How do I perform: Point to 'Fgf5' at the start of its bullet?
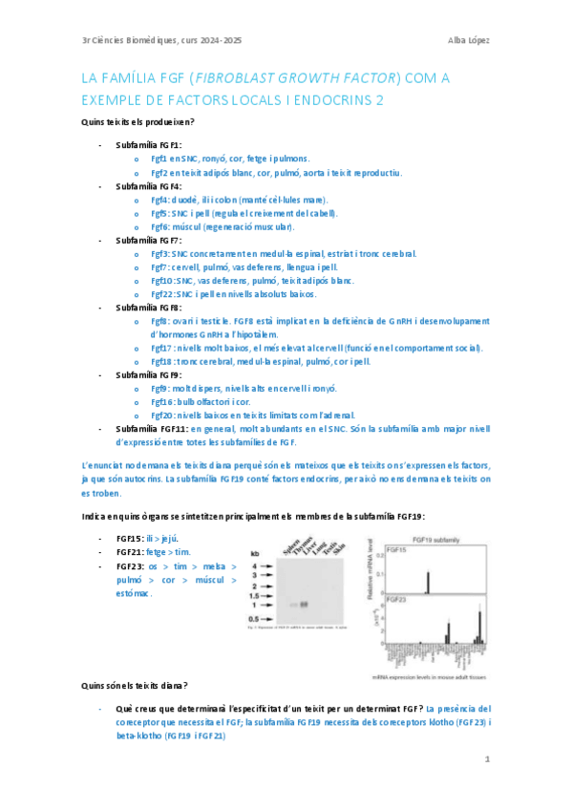click(x=160, y=213)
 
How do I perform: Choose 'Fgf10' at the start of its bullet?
click(x=162, y=281)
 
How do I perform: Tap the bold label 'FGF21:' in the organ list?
click(x=131, y=552)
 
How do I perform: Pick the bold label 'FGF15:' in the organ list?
click(x=131, y=539)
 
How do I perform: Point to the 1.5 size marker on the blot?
click(x=256, y=594)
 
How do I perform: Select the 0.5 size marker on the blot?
click(x=256, y=618)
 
